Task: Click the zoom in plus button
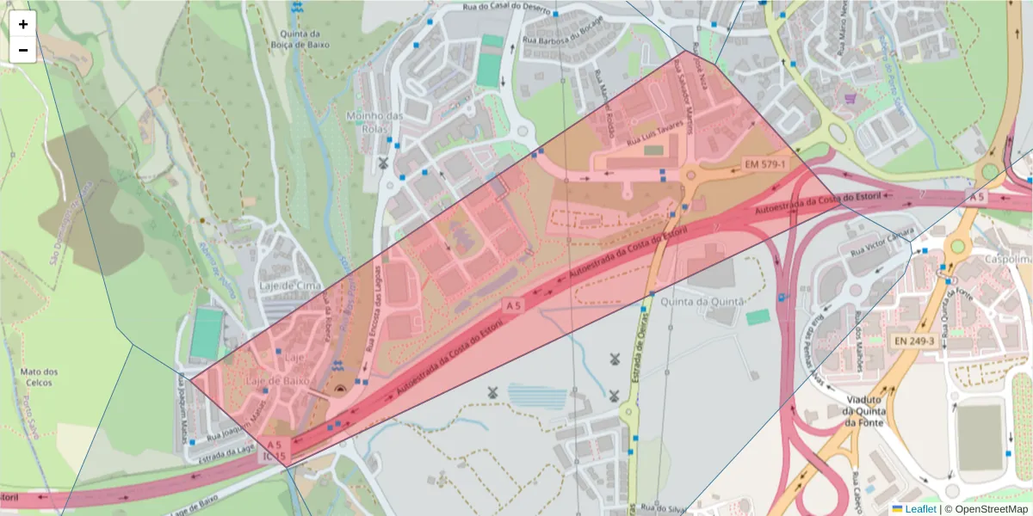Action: click(x=23, y=25)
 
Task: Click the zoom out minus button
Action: click(x=23, y=50)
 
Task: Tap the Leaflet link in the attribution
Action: click(x=920, y=509)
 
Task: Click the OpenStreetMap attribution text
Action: click(x=991, y=509)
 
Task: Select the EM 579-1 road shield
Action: click(x=764, y=163)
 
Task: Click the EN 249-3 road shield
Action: click(x=914, y=341)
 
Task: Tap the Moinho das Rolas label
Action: click(x=374, y=123)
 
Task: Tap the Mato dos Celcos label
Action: click(x=38, y=378)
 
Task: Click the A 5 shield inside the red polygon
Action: click(x=513, y=304)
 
